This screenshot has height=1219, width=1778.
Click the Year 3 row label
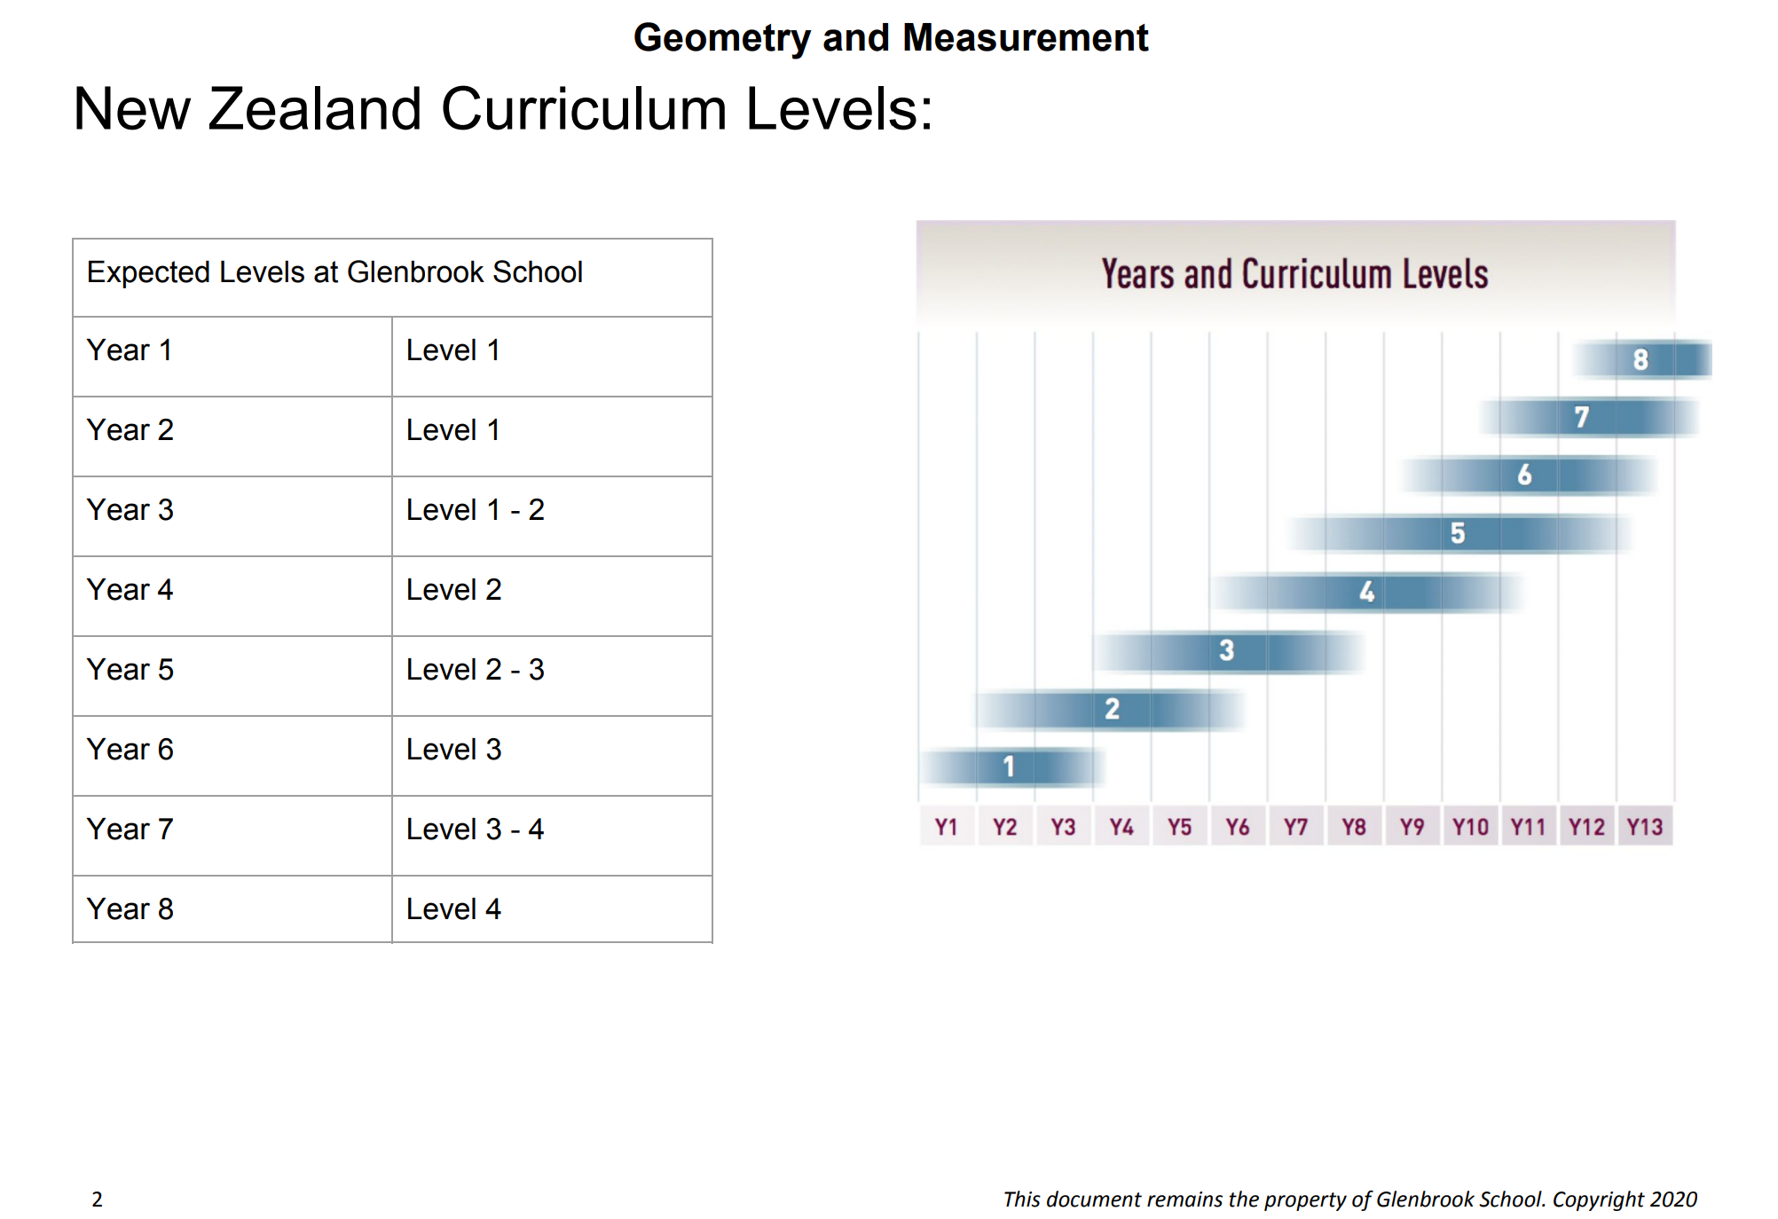[130, 510]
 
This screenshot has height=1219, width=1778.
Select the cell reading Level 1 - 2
[475, 510]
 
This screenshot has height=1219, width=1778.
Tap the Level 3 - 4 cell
[475, 830]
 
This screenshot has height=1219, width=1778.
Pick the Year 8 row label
[130, 909]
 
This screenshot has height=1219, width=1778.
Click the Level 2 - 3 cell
[475, 670]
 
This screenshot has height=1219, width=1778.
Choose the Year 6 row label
[130, 750]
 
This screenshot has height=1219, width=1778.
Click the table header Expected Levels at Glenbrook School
[334, 272]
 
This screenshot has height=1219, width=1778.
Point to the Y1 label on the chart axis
[947, 827]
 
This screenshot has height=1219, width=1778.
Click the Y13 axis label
[1644, 827]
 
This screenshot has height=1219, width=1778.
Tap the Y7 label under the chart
[1295, 827]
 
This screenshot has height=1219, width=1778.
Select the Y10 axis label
[1470, 827]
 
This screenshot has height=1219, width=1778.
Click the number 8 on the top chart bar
[1640, 359]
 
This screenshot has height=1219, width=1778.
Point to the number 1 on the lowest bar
[1009, 767]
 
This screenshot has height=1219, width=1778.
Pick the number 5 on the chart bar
[1458, 533]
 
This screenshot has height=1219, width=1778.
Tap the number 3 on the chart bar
[1227, 650]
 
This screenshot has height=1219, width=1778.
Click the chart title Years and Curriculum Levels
[1294, 274]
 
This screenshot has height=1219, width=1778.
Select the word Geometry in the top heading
[721, 38]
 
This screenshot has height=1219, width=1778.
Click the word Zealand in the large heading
[314, 109]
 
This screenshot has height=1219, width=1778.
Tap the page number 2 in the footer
[97, 1199]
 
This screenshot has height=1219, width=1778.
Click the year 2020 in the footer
[1672, 1199]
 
